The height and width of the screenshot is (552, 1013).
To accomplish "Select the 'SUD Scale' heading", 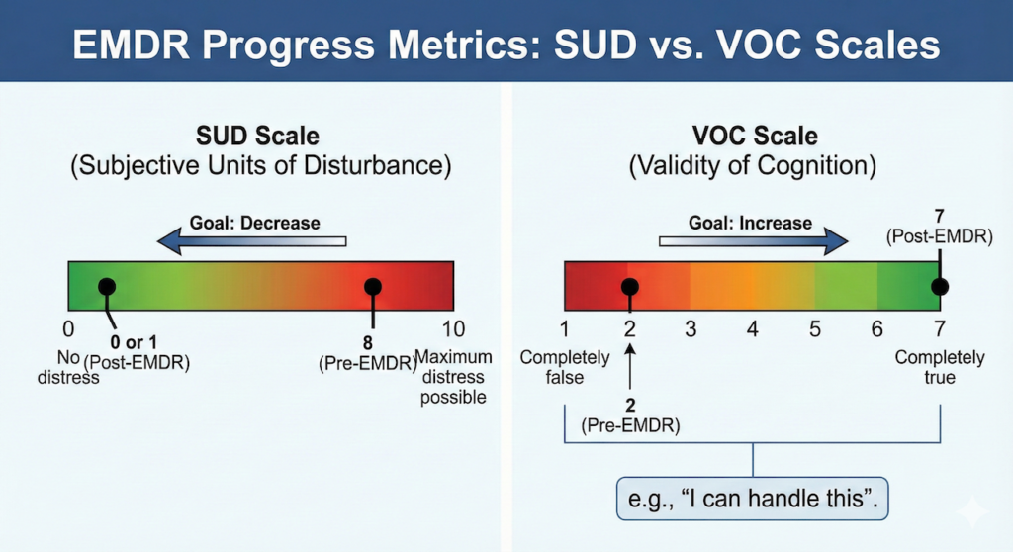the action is click(x=258, y=136).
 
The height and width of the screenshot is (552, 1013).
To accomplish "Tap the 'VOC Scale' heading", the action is click(x=755, y=136).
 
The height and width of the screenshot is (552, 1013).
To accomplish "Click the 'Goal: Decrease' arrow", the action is click(x=252, y=241).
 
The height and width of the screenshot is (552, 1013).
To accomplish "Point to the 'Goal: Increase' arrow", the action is click(x=753, y=241).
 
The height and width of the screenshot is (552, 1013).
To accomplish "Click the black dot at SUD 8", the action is click(x=373, y=286).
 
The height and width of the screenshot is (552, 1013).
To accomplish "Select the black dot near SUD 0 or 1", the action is click(x=107, y=286).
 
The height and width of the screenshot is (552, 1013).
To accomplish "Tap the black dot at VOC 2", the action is click(x=630, y=286).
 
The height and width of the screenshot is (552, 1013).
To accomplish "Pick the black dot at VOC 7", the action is click(x=940, y=286).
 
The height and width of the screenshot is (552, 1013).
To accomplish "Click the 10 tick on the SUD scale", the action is click(x=453, y=329).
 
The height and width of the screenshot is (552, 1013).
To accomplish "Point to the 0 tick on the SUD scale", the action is click(x=68, y=329).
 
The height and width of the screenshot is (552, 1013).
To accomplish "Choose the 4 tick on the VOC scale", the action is click(x=753, y=329).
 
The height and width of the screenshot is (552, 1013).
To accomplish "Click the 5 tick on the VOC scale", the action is click(x=815, y=329).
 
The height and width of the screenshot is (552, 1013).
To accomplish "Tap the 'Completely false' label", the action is click(x=565, y=367).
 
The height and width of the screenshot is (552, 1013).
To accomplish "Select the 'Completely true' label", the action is click(x=940, y=367).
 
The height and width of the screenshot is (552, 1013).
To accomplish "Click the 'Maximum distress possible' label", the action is click(x=453, y=377).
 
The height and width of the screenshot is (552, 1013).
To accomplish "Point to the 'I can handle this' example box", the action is click(x=753, y=499).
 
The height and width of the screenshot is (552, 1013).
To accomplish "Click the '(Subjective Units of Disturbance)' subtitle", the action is click(x=260, y=165).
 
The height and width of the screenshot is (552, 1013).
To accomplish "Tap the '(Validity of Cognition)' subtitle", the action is click(x=753, y=165).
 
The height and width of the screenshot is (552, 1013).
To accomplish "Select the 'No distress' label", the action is click(x=68, y=367).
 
